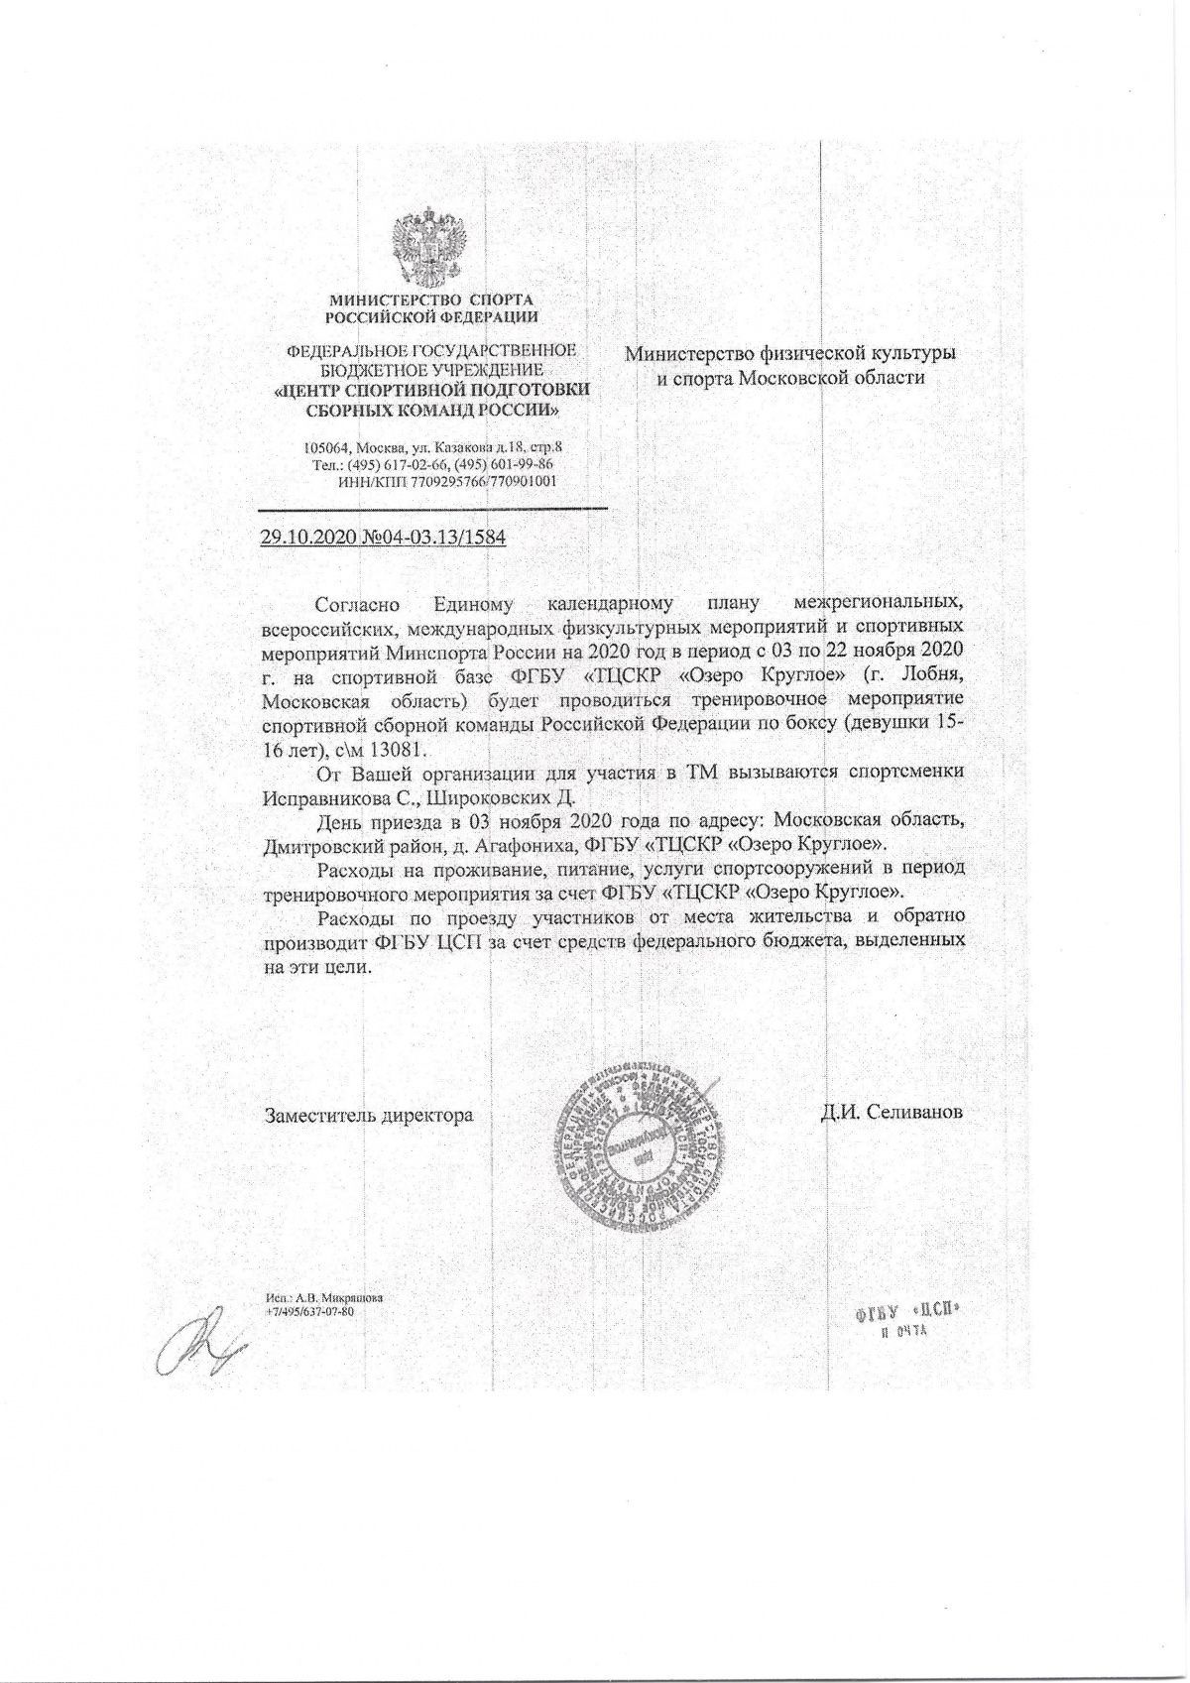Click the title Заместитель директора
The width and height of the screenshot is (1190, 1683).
tap(368, 1115)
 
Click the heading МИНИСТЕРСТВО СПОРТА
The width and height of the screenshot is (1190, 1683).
tap(430, 300)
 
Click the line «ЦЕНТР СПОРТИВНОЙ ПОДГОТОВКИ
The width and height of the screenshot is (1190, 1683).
tap(431, 391)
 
